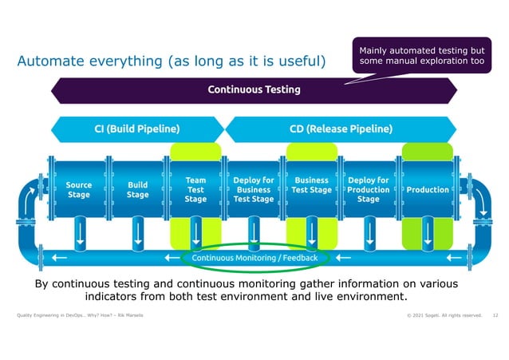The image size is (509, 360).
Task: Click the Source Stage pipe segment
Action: (78, 190)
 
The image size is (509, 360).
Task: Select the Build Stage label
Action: (137, 190)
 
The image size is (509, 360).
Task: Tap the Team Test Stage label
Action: (195, 190)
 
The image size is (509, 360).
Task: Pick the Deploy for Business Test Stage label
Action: (253, 190)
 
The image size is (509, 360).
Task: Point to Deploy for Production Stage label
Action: (369, 190)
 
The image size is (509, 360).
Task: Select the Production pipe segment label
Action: (428, 190)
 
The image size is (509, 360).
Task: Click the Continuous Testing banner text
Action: (254, 89)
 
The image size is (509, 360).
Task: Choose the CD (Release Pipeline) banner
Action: (340, 129)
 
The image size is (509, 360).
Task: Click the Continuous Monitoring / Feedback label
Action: (254, 258)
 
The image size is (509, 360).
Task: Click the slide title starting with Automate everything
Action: (171, 61)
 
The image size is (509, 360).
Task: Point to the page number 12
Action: (495, 317)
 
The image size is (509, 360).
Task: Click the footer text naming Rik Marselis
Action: (80, 317)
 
